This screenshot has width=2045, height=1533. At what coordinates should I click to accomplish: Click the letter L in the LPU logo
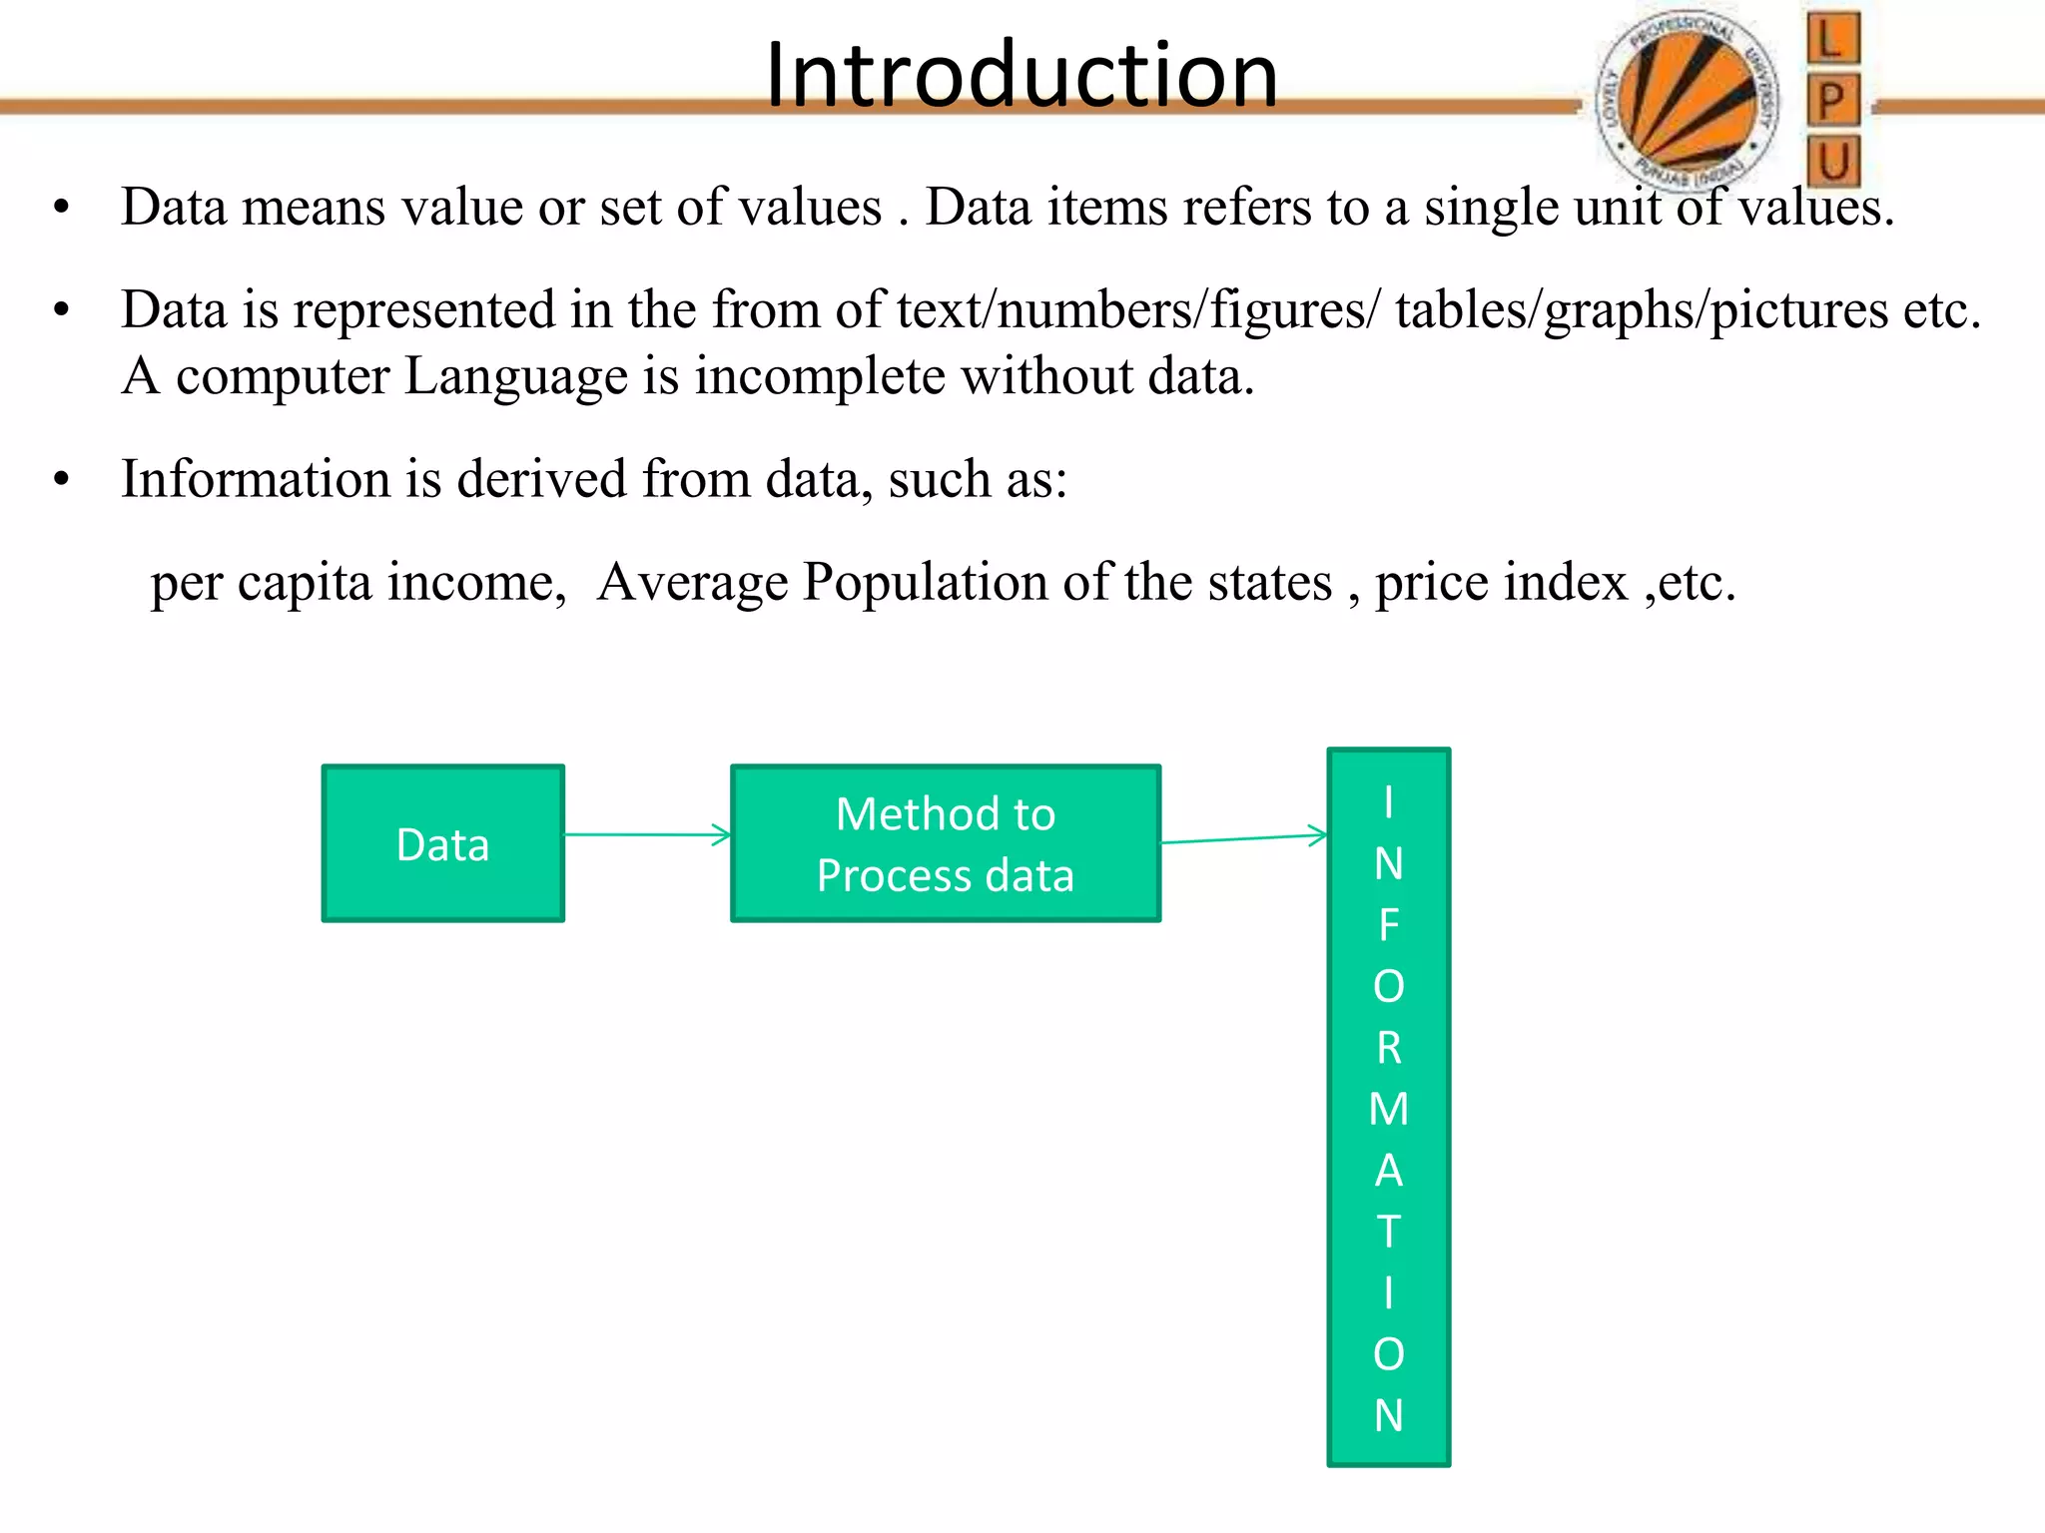pyautogui.click(x=1832, y=40)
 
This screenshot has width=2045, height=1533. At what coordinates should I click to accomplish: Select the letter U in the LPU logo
pyautogui.click(x=1833, y=162)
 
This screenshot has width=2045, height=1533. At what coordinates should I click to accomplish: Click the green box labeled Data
pyautogui.click(x=443, y=843)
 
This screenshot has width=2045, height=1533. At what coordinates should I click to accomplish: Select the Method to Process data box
pyautogui.click(x=946, y=843)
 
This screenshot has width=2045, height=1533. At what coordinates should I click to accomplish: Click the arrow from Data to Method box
pyautogui.click(x=647, y=834)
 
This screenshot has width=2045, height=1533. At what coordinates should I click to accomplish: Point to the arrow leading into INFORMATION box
pyautogui.click(x=1244, y=838)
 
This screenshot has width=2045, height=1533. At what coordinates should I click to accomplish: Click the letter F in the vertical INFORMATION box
pyautogui.click(x=1388, y=925)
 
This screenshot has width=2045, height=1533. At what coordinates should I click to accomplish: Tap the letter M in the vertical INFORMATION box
pyautogui.click(x=1388, y=1109)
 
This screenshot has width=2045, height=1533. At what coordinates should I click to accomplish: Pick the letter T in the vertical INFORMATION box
pyautogui.click(x=1388, y=1232)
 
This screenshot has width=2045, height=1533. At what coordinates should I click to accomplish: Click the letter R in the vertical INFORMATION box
pyautogui.click(x=1388, y=1048)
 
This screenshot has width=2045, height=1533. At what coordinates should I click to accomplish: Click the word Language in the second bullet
pyautogui.click(x=516, y=377)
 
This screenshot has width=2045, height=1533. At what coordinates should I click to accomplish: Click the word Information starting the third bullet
pyautogui.click(x=255, y=479)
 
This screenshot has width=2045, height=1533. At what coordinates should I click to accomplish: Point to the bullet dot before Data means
pyautogui.click(x=62, y=208)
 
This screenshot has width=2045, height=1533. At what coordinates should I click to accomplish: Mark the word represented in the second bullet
pyautogui.click(x=423, y=310)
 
